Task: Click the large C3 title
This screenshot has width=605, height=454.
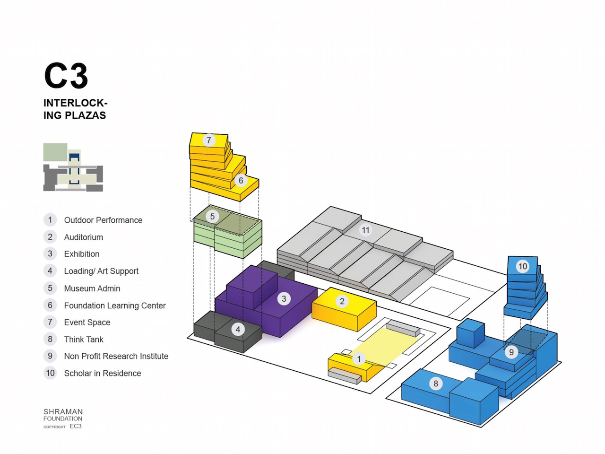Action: (66, 76)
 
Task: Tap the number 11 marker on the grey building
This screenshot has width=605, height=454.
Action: (365, 230)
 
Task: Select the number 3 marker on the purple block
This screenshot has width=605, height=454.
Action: (284, 298)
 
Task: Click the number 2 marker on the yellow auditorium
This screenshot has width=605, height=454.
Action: (342, 301)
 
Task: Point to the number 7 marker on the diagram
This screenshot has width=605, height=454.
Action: (209, 140)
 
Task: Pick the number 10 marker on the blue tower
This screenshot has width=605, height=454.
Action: (523, 266)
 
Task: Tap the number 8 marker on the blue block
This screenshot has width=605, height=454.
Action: (436, 384)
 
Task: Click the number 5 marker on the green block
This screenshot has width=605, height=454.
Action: (212, 217)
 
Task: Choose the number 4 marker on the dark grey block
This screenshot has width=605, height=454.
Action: (238, 329)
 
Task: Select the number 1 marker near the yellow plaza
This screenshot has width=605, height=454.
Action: (359, 359)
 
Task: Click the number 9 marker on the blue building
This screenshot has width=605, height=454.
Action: (511, 352)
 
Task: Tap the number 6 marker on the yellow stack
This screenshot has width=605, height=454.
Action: (241, 180)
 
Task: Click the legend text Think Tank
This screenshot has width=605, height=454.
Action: (84, 340)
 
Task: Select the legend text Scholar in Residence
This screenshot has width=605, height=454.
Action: (103, 373)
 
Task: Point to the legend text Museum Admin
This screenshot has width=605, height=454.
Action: (92, 288)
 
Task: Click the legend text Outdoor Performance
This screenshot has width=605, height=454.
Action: (104, 220)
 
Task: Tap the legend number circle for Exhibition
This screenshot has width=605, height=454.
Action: (50, 253)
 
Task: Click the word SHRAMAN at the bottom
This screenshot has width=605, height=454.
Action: (63, 411)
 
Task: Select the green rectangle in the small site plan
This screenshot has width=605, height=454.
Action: (55, 152)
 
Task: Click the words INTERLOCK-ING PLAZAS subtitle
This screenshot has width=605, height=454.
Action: (75, 109)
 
